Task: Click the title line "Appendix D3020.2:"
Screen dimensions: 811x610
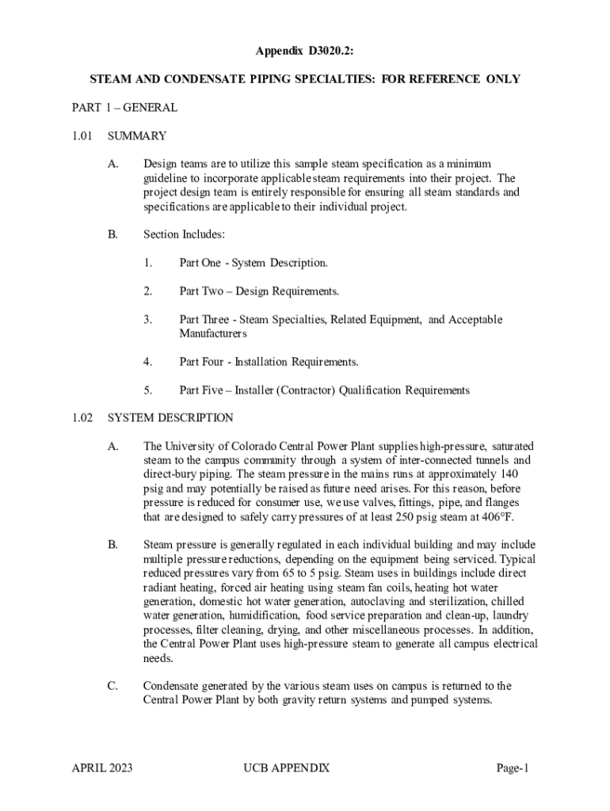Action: tap(304, 52)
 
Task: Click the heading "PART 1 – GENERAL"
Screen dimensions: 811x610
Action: tap(124, 107)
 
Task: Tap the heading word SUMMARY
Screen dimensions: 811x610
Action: tap(136, 135)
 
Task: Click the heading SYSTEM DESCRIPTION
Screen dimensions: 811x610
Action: tap(170, 417)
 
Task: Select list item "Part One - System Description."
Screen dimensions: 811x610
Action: tap(253, 262)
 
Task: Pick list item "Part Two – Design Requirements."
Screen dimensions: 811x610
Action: tap(259, 291)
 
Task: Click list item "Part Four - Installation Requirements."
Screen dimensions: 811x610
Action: tap(269, 362)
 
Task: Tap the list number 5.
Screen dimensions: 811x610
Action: tap(147, 390)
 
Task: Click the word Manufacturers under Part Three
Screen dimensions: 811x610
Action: tap(213, 333)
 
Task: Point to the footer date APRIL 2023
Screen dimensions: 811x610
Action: tap(102, 767)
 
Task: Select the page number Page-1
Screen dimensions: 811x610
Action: tap(513, 767)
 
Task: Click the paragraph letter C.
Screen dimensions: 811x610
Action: tap(112, 686)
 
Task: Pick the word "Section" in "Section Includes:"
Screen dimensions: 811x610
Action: tap(161, 234)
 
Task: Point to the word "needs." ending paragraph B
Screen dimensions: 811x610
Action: tap(159, 658)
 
